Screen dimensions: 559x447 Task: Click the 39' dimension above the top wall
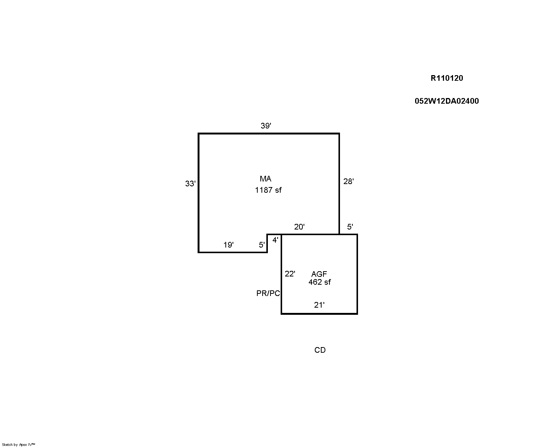click(x=266, y=126)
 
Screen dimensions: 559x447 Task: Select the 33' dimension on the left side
click(x=190, y=184)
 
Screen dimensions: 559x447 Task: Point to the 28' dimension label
click(x=348, y=181)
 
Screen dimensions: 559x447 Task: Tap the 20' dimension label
click(x=299, y=227)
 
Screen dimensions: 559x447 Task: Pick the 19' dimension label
click(x=228, y=245)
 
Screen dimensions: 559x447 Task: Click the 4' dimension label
click(x=275, y=240)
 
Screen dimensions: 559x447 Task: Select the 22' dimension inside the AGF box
click(x=290, y=273)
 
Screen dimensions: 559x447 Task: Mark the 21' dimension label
click(x=319, y=305)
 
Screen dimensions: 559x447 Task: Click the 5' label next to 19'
click(x=262, y=245)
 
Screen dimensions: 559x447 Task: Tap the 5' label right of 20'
click(x=350, y=227)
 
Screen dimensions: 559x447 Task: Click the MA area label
click(x=266, y=179)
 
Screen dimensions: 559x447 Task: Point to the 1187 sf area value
click(x=268, y=190)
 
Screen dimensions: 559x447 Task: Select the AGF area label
click(x=319, y=274)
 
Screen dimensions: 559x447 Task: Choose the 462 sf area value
click(x=319, y=282)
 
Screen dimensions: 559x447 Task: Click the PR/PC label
click(x=268, y=293)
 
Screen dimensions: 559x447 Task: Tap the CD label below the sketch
click(x=320, y=350)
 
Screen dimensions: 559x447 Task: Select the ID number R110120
click(x=447, y=78)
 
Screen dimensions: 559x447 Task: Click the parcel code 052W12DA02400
click(x=447, y=101)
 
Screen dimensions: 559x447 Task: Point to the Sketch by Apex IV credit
click(x=18, y=444)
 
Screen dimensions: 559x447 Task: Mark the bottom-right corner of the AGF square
click(x=357, y=314)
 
